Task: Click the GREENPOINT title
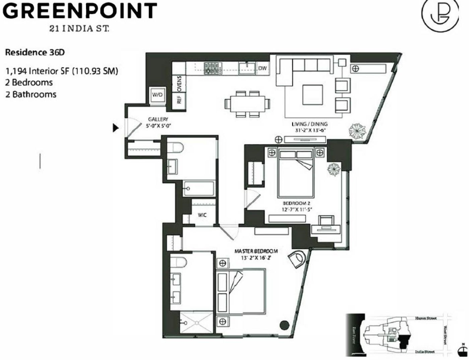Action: (80, 11)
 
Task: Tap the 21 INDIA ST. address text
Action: (79, 29)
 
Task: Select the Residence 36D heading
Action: (35, 53)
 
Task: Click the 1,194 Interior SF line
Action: (62, 71)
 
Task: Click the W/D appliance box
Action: (157, 95)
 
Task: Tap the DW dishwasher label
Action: (262, 68)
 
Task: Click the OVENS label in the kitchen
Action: (179, 83)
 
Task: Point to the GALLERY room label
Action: (158, 120)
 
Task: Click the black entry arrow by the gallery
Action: (116, 128)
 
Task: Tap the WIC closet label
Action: (202, 215)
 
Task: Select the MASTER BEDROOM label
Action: (256, 251)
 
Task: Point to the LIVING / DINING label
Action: (309, 124)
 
